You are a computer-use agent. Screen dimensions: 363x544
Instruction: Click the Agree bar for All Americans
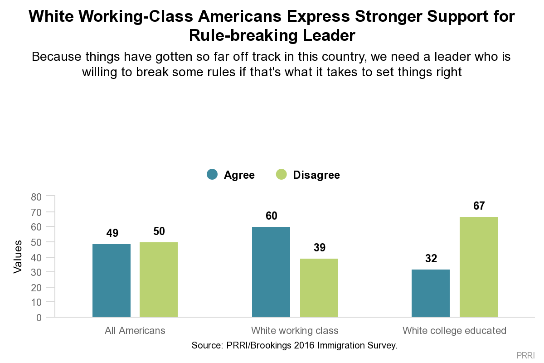tap(112, 280)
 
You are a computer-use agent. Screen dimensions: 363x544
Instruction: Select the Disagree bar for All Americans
tap(159, 280)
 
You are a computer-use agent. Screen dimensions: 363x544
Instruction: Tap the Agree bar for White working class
tap(271, 272)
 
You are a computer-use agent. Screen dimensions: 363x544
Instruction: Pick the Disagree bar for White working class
tap(319, 288)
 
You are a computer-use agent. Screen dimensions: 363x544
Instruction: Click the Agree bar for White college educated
tap(431, 293)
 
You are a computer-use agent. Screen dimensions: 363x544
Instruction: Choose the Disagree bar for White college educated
tap(479, 267)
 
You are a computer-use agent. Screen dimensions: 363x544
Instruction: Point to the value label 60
tap(271, 216)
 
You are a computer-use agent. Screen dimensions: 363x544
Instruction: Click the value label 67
tap(479, 206)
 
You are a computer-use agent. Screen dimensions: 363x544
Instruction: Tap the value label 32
tap(431, 259)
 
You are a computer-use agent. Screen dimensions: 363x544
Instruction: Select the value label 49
tap(112, 233)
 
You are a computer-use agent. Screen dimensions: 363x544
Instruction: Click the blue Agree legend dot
tap(212, 175)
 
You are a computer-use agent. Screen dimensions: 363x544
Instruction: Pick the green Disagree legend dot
tap(282, 175)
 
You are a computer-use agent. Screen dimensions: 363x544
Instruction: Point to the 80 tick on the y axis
tap(36, 197)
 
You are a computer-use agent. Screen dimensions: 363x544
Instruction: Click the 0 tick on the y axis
tap(39, 318)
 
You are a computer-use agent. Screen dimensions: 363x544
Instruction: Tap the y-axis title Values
tap(18, 257)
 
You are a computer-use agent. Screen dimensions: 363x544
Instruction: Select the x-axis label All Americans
tap(135, 330)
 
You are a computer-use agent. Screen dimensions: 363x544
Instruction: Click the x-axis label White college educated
tap(454, 330)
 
